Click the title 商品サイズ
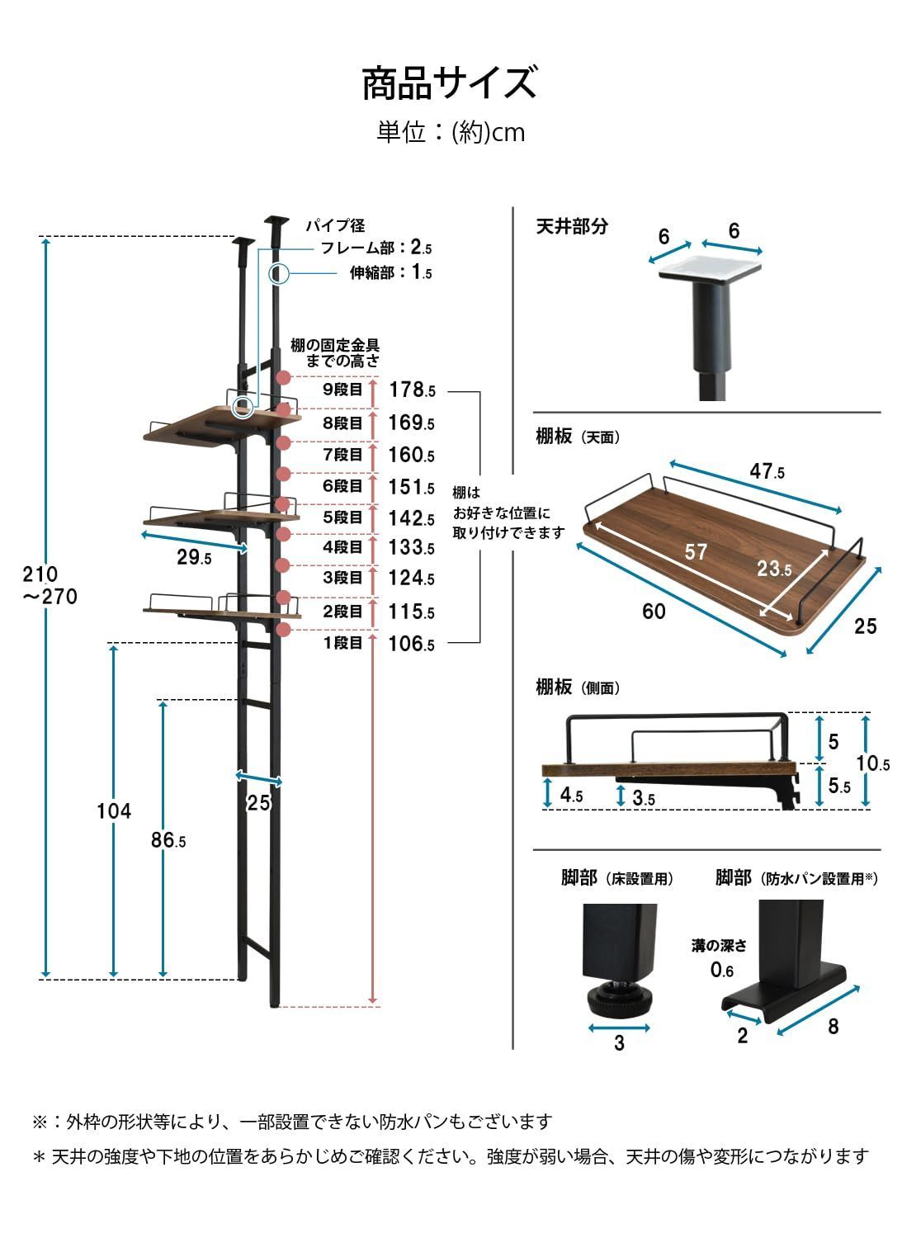[450, 83]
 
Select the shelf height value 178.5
[411, 390]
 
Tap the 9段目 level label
[342, 390]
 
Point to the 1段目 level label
[342, 643]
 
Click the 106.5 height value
[411, 644]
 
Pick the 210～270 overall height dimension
[50, 584]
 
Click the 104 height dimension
[114, 811]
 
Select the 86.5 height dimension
[168, 841]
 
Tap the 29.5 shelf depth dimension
[194, 558]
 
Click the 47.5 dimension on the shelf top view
[767, 472]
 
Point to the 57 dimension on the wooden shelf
[696, 551]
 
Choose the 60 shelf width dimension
[654, 612]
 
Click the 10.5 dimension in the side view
[873, 763]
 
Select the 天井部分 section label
[572, 227]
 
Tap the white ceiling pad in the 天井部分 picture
[709, 267]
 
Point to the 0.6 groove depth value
[722, 971]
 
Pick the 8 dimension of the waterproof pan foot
[834, 1026]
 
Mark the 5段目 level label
[342, 517]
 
